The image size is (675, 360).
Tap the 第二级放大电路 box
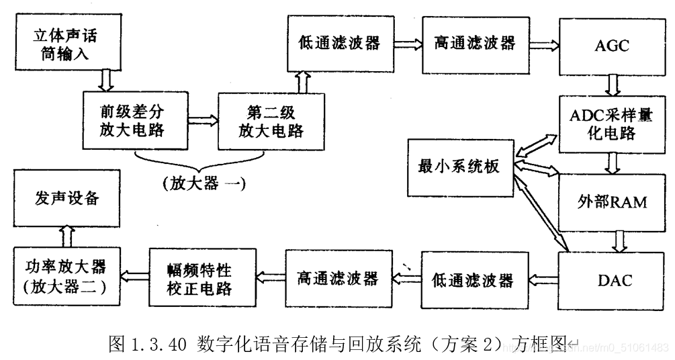pyautogui.click(x=271, y=120)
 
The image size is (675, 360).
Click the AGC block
pyautogui.click(x=612, y=46)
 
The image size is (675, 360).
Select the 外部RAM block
pyautogui.click(x=612, y=201)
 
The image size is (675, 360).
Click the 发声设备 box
pyautogui.click(x=66, y=198)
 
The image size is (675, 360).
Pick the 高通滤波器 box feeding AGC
pyautogui.click(x=474, y=44)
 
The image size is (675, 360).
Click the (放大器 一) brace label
pyautogui.click(x=204, y=183)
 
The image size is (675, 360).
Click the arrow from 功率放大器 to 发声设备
pyautogui.click(x=66, y=234)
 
